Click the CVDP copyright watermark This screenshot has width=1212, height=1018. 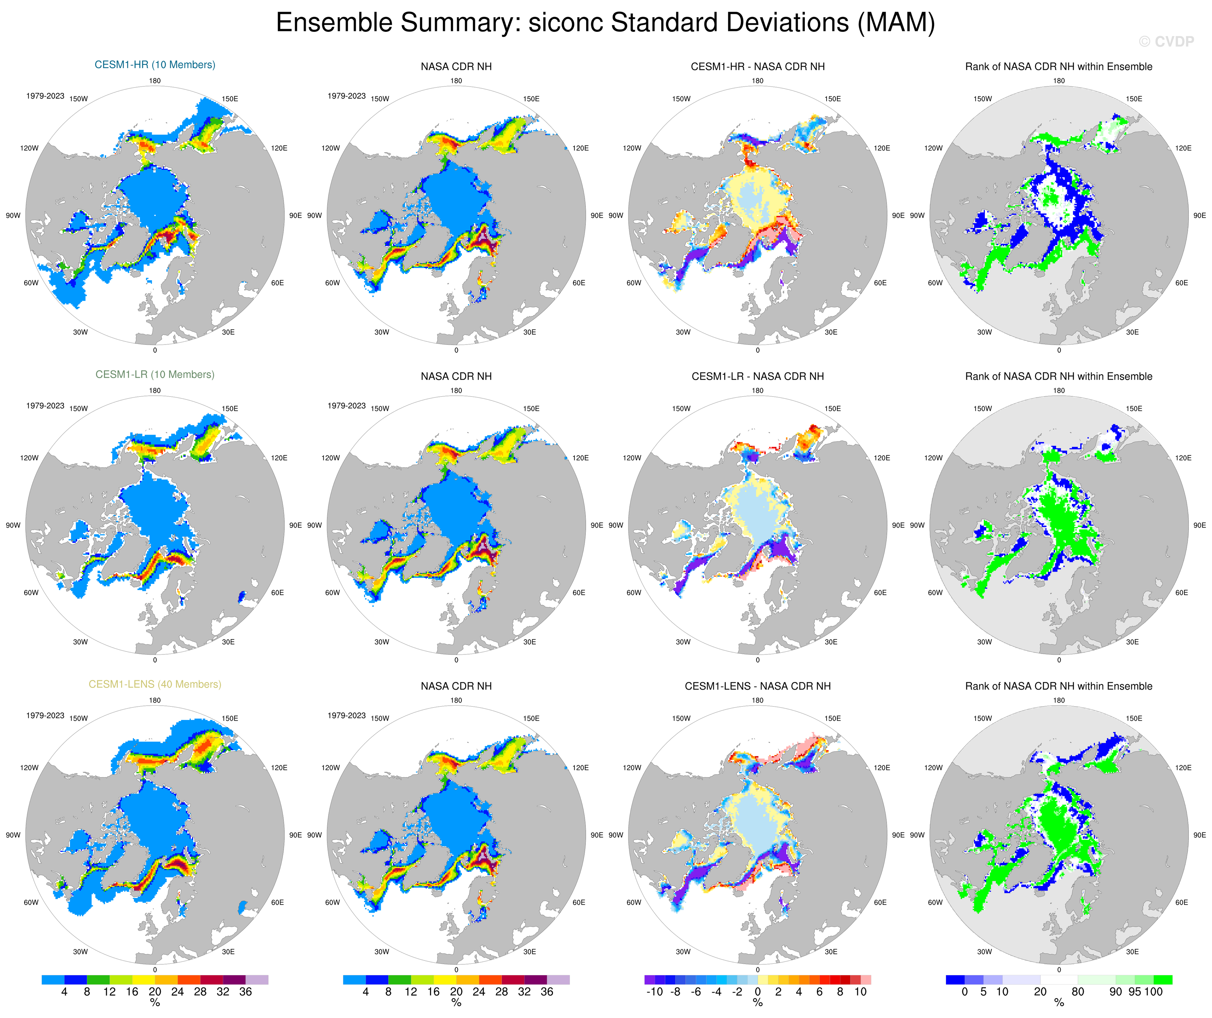(1166, 41)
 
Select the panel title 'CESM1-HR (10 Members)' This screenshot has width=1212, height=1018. (155, 65)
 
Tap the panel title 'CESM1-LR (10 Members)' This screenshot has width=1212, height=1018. (155, 374)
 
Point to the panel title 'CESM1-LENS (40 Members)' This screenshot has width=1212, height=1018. (155, 684)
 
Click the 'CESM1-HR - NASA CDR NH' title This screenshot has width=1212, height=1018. (757, 66)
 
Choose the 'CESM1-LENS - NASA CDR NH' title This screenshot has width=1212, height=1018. (757, 686)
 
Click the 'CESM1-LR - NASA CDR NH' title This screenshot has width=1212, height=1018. (757, 376)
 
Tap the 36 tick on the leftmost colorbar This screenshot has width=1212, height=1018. (245, 992)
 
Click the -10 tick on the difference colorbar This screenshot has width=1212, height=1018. (654, 992)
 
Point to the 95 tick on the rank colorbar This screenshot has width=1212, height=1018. (1134, 992)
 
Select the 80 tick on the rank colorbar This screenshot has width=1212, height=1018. (1078, 992)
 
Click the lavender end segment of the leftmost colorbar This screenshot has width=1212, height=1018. (257, 980)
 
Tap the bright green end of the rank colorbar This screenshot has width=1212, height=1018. (1163, 980)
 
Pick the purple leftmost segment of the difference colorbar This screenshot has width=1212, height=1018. (649, 980)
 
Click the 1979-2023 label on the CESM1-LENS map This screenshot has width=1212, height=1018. (45, 716)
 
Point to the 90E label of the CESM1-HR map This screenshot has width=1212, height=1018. (295, 216)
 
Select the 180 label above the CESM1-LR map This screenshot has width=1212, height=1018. (155, 390)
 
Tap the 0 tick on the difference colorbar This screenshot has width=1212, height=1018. (757, 992)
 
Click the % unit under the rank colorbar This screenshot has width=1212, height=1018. (1059, 1003)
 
